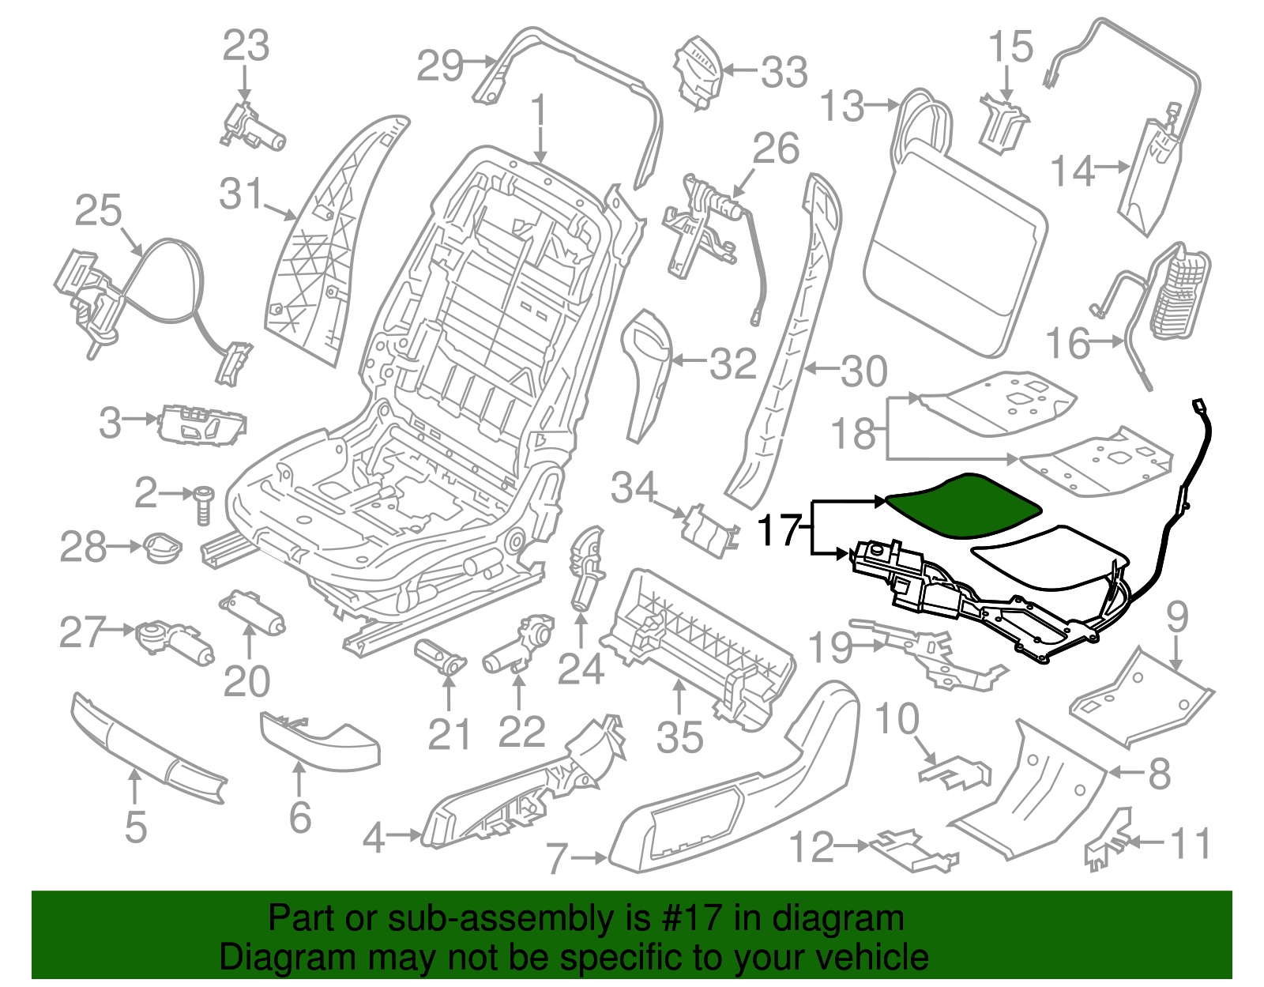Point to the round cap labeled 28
click(x=161, y=548)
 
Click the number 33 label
click(x=784, y=72)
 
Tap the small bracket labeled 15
click(x=1003, y=123)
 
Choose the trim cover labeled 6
click(x=320, y=740)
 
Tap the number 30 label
click(x=863, y=371)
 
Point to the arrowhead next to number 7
click(x=600, y=857)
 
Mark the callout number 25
click(x=99, y=211)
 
